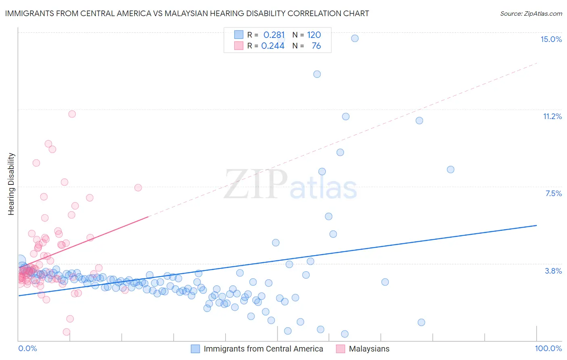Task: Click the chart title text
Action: (x=187, y=13)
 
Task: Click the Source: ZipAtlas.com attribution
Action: (x=531, y=13)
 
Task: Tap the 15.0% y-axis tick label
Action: (x=551, y=39)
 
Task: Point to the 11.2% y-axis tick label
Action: (x=552, y=116)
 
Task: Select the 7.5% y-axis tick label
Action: (x=553, y=193)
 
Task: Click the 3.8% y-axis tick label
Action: (x=553, y=271)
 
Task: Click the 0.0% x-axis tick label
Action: (x=27, y=348)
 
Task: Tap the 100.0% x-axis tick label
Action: (x=548, y=348)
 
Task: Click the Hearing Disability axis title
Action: (x=11, y=184)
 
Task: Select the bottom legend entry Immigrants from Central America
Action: (x=263, y=349)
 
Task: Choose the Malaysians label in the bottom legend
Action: (x=369, y=349)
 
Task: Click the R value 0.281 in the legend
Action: (x=274, y=35)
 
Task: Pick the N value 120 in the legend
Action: (x=314, y=35)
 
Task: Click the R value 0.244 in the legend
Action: (x=273, y=46)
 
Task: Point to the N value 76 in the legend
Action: (x=316, y=46)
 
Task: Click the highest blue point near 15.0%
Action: (x=354, y=38)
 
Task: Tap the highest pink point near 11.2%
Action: (x=72, y=114)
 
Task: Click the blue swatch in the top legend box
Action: (x=239, y=35)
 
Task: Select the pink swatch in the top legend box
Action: (x=239, y=46)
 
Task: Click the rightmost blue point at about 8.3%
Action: (x=450, y=170)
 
